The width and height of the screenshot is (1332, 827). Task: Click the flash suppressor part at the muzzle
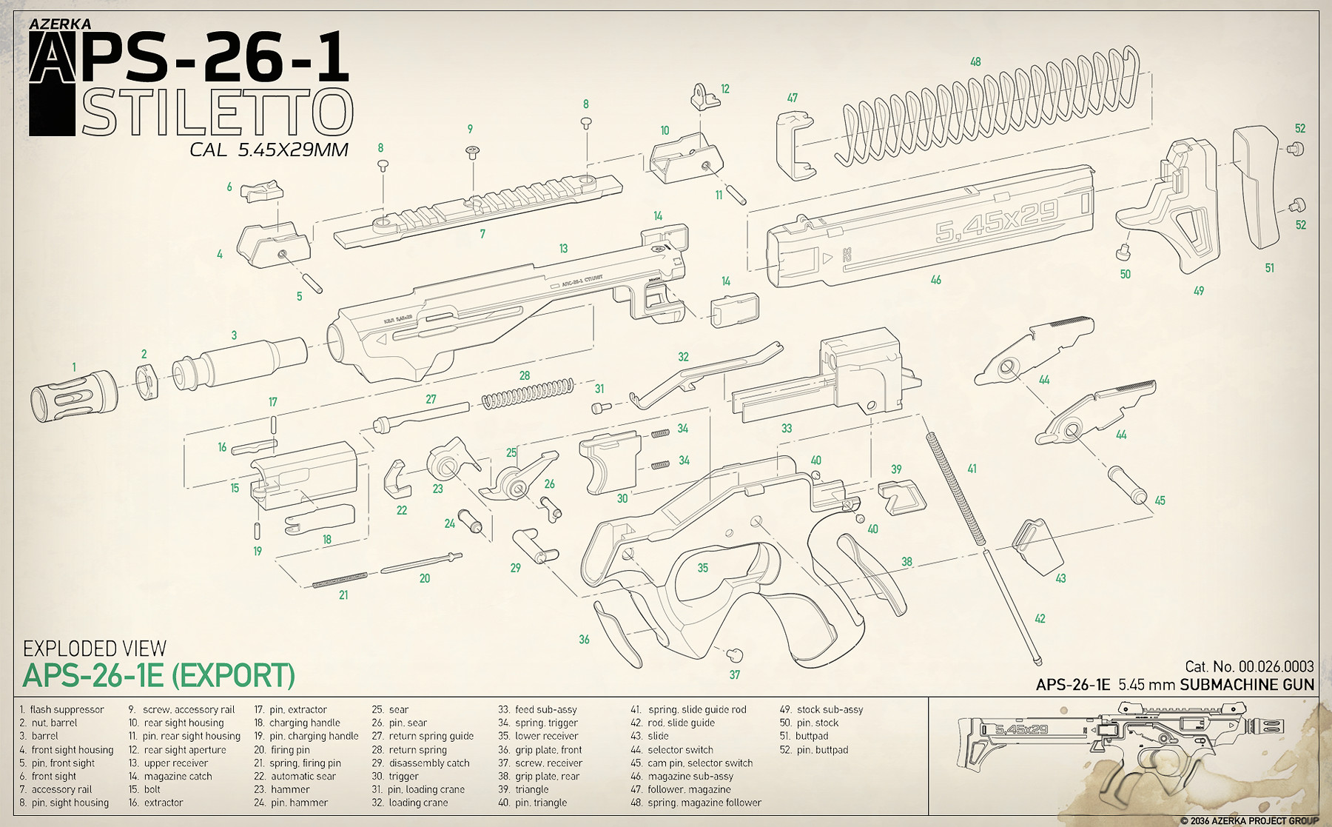[x=73, y=395]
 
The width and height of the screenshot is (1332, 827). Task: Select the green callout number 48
[x=975, y=62]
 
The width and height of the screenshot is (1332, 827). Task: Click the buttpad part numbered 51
[x=1256, y=185]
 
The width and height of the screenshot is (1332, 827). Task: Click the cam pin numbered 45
[x=1127, y=483]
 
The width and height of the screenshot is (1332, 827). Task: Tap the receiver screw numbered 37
[x=734, y=654]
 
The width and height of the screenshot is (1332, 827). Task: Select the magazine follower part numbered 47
[x=795, y=146]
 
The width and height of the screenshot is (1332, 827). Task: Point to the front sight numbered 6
[x=261, y=191]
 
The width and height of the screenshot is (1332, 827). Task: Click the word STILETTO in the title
[x=217, y=113]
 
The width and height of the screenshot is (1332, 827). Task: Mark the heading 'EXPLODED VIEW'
[x=95, y=649]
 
